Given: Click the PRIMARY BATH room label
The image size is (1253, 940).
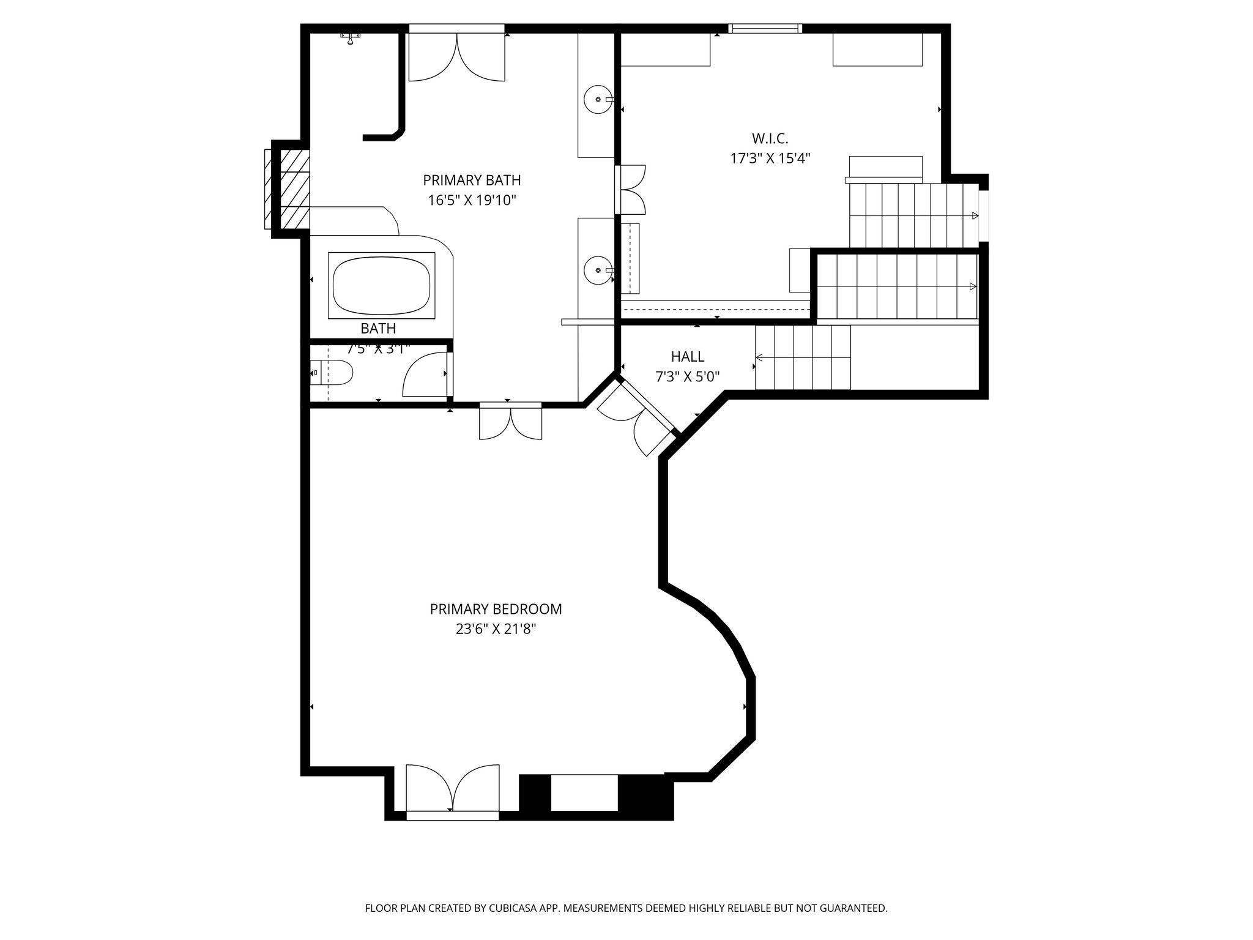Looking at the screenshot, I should [x=472, y=180].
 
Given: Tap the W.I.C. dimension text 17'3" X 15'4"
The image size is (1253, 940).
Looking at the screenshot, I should [x=770, y=159].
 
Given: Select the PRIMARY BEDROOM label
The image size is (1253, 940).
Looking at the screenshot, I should [x=496, y=609].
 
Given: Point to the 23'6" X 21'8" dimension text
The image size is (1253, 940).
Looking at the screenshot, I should [x=496, y=629].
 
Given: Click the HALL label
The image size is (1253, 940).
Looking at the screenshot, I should [x=687, y=356].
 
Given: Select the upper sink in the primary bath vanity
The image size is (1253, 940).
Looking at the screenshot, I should [x=597, y=99].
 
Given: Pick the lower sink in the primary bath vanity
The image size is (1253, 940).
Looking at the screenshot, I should [x=597, y=269].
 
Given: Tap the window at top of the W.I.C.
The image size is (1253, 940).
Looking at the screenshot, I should [x=765, y=28].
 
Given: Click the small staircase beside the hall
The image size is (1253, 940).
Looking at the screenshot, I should [x=803, y=357].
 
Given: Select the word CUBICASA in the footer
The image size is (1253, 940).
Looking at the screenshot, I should [x=510, y=908].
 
